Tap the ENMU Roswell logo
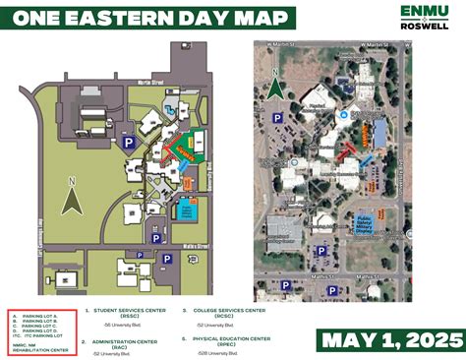point(426,17)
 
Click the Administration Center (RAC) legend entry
point(137,340)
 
